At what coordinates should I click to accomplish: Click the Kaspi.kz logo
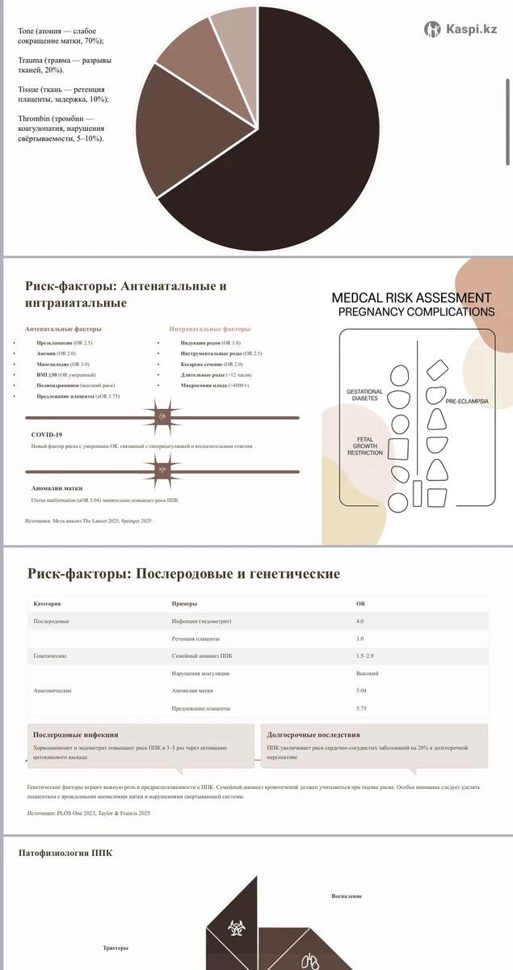[x=460, y=29]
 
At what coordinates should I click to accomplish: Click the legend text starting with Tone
[x=61, y=36]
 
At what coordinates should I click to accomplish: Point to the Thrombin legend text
[x=61, y=129]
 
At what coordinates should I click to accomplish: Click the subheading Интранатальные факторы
[x=209, y=329]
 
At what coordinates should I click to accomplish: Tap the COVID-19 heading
[x=47, y=434]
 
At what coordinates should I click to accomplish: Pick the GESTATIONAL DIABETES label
[x=364, y=394]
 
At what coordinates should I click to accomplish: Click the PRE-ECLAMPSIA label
[x=466, y=400]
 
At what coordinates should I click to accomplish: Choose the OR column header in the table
[x=360, y=604]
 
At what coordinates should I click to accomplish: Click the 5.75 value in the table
[x=360, y=708]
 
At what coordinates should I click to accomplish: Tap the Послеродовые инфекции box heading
[x=75, y=735]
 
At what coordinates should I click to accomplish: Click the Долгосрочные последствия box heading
[x=313, y=735]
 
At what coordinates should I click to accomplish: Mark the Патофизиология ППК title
[x=65, y=853]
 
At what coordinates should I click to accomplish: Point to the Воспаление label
[x=347, y=896]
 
